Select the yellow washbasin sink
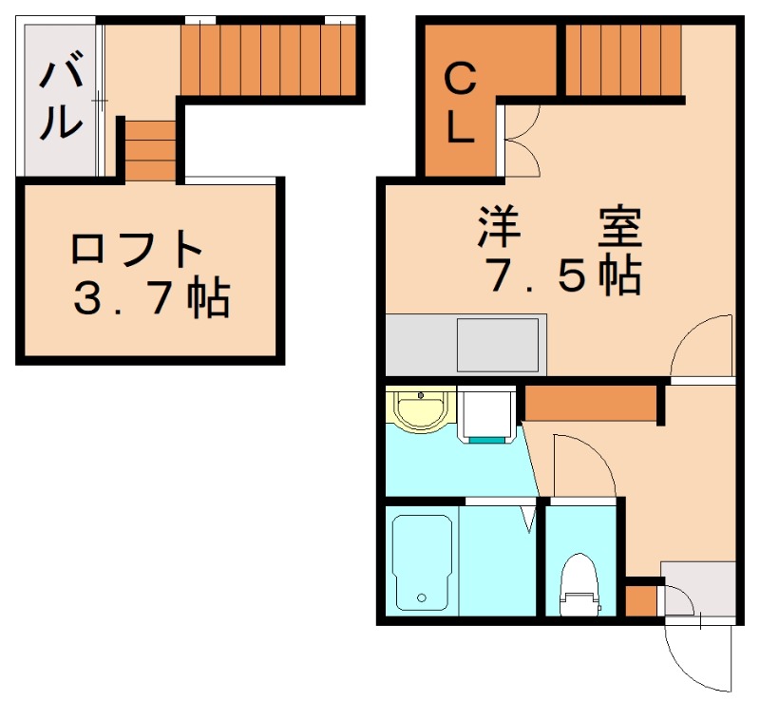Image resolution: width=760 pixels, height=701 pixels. click(417, 410)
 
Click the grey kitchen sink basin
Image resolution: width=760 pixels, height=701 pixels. click(497, 345)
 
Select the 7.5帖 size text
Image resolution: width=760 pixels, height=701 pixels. click(560, 276)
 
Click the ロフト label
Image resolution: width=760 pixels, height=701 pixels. click(138, 250)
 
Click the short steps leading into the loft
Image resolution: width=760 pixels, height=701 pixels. click(150, 150)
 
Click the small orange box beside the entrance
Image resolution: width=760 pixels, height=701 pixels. click(641, 601)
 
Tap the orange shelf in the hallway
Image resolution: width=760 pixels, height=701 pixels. click(592, 403)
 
